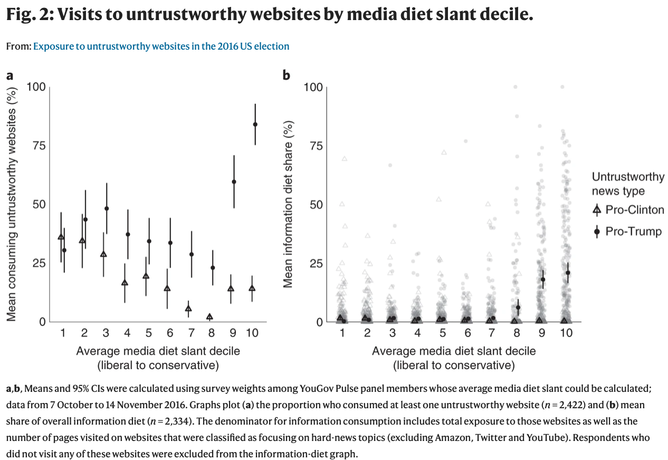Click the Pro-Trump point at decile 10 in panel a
click(x=255, y=124)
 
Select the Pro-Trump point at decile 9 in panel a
click(x=234, y=182)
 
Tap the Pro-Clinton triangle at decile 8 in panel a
click(x=209, y=317)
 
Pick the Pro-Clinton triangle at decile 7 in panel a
click(x=188, y=308)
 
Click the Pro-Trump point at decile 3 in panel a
click(x=107, y=209)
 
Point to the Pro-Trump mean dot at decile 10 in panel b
click(x=568, y=273)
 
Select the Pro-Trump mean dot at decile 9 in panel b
click(x=542, y=279)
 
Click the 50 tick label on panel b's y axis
click(x=315, y=204)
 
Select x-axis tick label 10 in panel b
click(x=566, y=333)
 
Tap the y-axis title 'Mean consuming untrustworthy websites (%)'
click(x=11, y=204)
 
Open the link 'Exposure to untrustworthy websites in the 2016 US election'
click(x=161, y=46)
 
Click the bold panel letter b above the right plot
click(x=287, y=75)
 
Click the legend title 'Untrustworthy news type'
click(x=628, y=184)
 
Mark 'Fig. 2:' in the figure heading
click(x=28, y=15)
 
